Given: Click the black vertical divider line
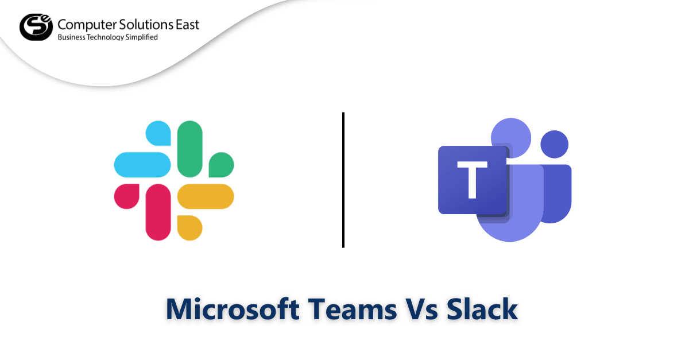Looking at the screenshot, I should pos(343,180).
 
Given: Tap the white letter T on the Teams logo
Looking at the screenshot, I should pos(473,180).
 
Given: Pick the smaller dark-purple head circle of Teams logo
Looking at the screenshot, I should pos(554,144).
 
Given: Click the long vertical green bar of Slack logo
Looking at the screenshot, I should pos(189,149).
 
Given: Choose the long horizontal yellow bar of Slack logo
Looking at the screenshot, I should pos(205,196).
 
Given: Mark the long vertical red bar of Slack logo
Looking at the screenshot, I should pos(158,212).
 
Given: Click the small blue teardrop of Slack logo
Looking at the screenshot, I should pos(160,133).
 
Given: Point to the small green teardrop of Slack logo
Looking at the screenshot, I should pos(222,164).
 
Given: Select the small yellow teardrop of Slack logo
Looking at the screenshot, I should pos(191,227).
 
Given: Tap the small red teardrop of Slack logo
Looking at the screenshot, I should pos(127,196).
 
